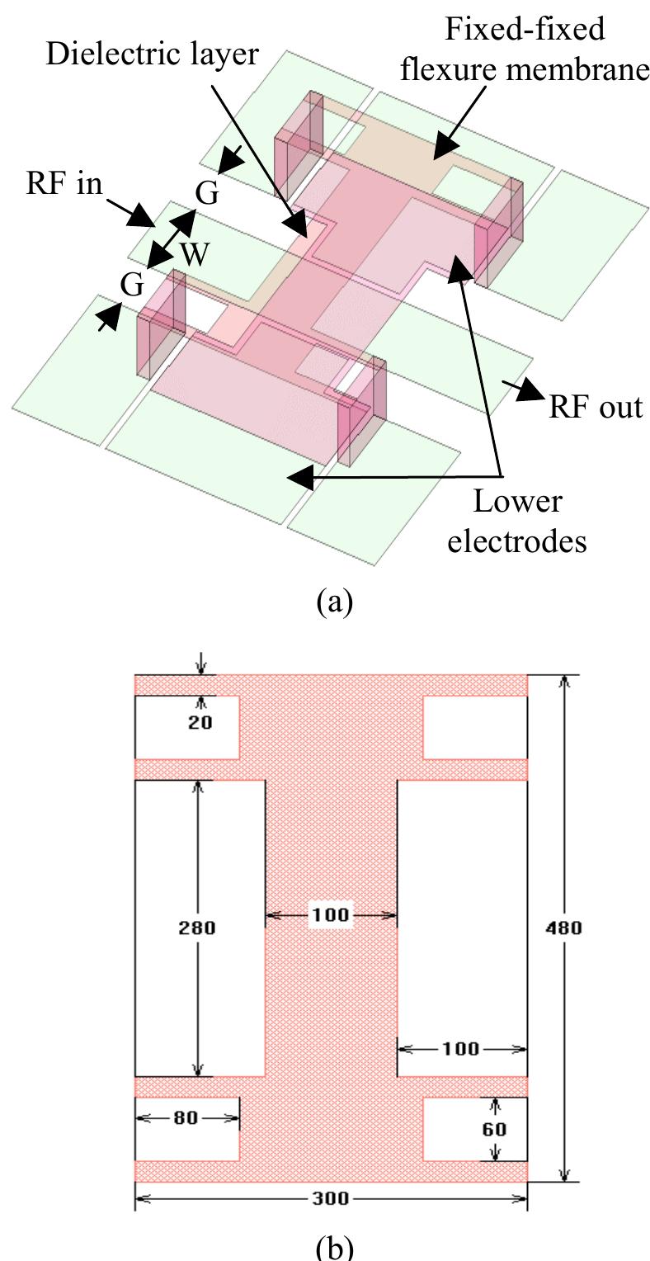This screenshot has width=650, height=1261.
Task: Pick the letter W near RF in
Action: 195,253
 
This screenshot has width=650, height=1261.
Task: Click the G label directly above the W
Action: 207,195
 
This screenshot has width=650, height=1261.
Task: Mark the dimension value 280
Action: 198,928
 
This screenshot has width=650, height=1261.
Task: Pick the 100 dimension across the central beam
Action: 331,915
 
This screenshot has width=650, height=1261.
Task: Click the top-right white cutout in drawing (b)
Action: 474,727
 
